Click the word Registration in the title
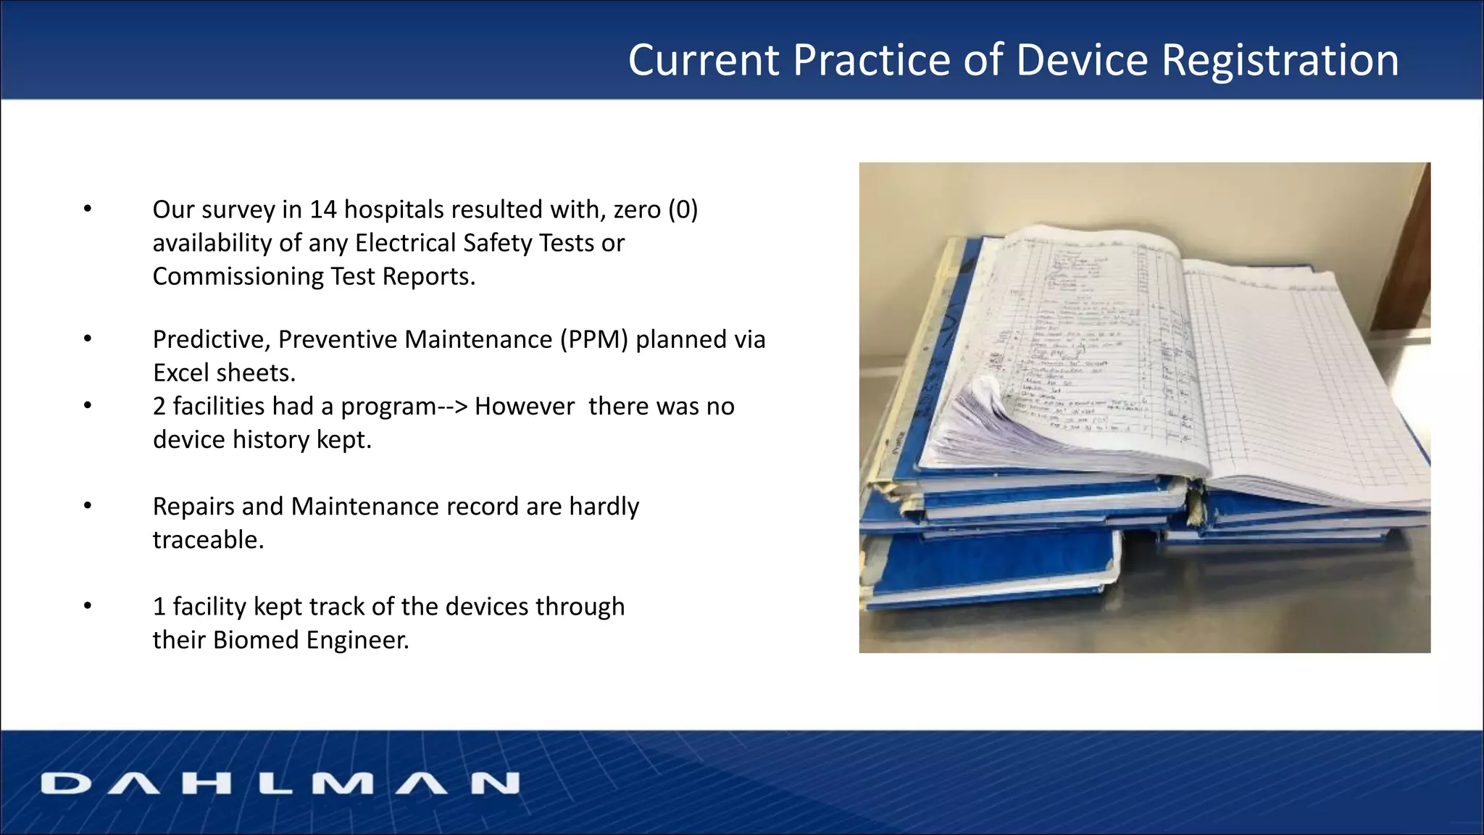pyautogui.click(x=1280, y=59)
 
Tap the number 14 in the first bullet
pyautogui.click(x=323, y=209)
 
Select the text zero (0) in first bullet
pyautogui.click(x=655, y=209)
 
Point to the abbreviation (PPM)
pyautogui.click(x=593, y=339)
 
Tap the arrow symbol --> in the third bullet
pyautogui.click(x=452, y=406)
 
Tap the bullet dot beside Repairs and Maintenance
pyautogui.click(x=88, y=506)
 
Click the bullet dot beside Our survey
pyautogui.click(x=88, y=209)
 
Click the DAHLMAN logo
pyautogui.click(x=280, y=783)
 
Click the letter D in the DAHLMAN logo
pyautogui.click(x=66, y=783)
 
